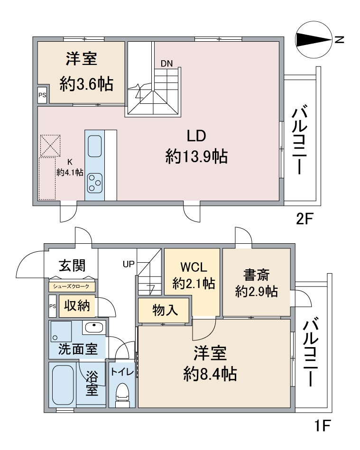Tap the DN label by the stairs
(x=167, y=64)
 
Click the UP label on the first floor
(x=129, y=264)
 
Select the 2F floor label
(x=304, y=220)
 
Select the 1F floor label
(x=323, y=425)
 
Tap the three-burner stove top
(x=95, y=183)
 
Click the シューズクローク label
(x=72, y=286)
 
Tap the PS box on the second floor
(x=43, y=95)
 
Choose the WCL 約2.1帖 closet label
(x=193, y=276)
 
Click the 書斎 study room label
(x=256, y=275)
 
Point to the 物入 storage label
(x=165, y=310)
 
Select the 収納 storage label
(x=77, y=306)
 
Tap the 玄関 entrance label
(x=72, y=266)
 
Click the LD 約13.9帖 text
(x=196, y=147)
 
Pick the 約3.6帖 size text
(x=86, y=84)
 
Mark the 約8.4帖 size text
(x=210, y=374)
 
